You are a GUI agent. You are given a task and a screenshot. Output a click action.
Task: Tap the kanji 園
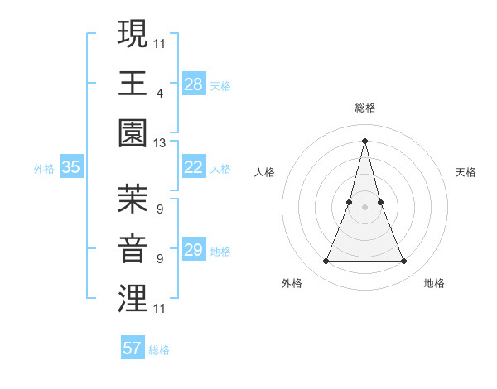[133, 132]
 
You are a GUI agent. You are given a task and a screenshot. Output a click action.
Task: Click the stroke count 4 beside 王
[159, 93]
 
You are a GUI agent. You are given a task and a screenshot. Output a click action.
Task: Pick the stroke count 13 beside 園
[159, 143]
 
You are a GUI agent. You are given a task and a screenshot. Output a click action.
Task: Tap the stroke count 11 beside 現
[159, 42]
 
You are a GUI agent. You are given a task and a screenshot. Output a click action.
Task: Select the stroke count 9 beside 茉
[159, 209]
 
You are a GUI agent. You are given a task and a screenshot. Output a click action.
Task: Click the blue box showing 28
[193, 84]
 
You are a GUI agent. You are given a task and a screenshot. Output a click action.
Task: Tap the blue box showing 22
[193, 167]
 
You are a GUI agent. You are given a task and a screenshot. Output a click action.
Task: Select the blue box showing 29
[193, 250]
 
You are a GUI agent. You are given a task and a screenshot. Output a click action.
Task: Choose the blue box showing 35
[70, 167]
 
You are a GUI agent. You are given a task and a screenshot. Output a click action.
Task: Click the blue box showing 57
[133, 348]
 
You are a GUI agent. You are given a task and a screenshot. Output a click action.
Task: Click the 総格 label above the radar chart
[365, 108]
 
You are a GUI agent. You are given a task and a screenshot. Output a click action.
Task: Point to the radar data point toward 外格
[326, 262]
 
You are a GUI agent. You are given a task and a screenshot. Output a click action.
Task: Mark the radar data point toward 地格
[404, 262]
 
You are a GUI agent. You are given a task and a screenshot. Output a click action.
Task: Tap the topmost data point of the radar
[365, 140]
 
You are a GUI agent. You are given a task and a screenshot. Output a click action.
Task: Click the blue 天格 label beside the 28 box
[220, 85]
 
